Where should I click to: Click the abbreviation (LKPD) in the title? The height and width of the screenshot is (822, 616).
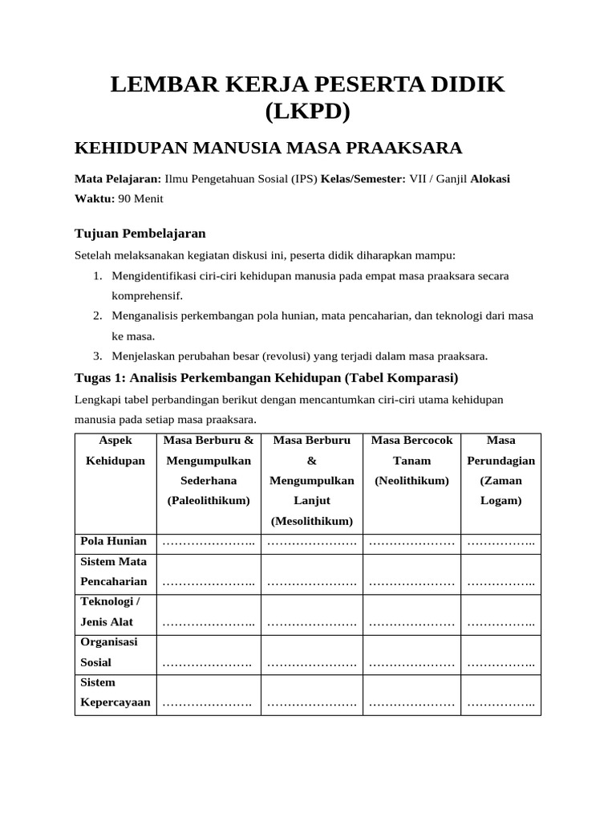pyautogui.click(x=307, y=112)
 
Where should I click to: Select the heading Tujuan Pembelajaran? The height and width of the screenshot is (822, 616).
pyautogui.click(x=140, y=234)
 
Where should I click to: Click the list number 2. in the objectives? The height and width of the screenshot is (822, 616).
pyautogui.click(x=96, y=316)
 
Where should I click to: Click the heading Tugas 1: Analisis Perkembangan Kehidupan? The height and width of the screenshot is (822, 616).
pyautogui.click(x=265, y=377)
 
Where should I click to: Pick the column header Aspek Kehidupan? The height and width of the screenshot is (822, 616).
pyautogui.click(x=115, y=450)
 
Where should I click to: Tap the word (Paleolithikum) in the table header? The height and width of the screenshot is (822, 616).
pyautogui.click(x=209, y=501)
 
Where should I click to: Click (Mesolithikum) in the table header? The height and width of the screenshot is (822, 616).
pyautogui.click(x=312, y=521)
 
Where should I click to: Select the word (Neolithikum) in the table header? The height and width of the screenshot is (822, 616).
pyautogui.click(x=411, y=481)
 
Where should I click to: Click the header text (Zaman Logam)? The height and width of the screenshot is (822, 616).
pyautogui.click(x=501, y=490)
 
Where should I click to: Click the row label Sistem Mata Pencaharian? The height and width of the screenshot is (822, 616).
pyautogui.click(x=114, y=572)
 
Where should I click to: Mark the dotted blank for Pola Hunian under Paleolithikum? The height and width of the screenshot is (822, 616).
pyautogui.click(x=209, y=543)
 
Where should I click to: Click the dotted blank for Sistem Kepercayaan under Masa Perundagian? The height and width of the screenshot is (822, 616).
pyautogui.click(x=501, y=705)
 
